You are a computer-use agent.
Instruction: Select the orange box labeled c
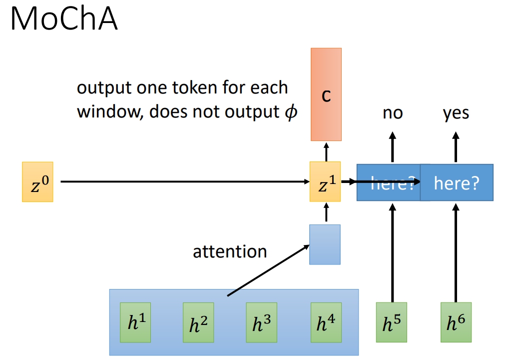(x=326, y=94)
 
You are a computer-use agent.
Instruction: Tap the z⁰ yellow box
(x=37, y=182)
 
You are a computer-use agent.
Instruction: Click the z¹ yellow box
(x=325, y=182)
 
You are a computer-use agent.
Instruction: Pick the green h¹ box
(x=135, y=322)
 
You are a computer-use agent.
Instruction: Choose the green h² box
(x=198, y=322)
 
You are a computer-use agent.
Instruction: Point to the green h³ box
(x=261, y=322)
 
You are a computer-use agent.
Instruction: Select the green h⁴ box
(x=326, y=322)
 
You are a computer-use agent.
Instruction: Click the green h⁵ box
(x=392, y=322)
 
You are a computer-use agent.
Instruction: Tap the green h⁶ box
(x=456, y=322)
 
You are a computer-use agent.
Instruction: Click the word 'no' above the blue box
(x=393, y=113)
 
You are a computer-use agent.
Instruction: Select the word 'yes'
(x=456, y=113)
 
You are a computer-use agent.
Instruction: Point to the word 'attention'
(x=230, y=251)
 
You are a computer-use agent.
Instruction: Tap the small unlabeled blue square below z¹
(x=325, y=244)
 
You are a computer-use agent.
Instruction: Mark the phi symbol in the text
(x=290, y=112)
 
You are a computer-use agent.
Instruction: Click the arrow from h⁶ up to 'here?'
(x=456, y=250)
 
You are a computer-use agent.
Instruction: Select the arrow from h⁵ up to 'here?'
(x=392, y=250)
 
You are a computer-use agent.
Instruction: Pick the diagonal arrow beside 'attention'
(x=267, y=270)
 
